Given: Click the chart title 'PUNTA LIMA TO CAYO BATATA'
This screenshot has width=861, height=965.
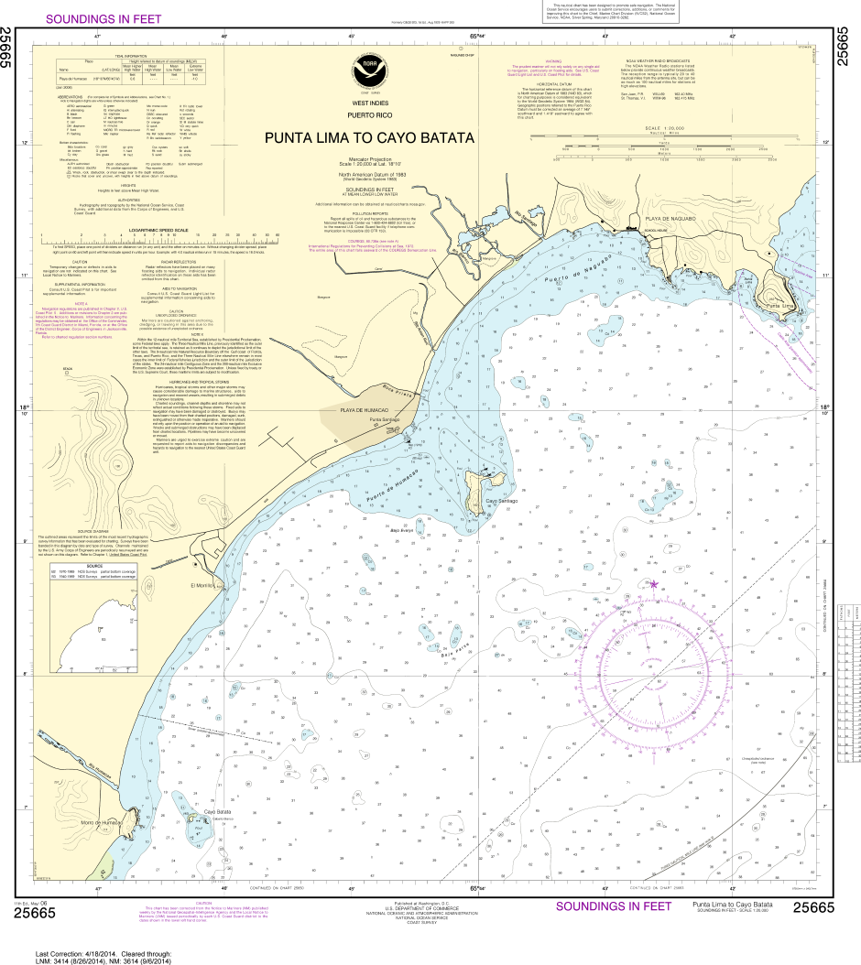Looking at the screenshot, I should pyautogui.click(x=369, y=138).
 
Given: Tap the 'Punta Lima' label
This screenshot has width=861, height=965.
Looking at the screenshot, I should pyautogui.click(x=779, y=306).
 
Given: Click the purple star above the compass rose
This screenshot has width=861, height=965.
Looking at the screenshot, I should pyautogui.click(x=654, y=583).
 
